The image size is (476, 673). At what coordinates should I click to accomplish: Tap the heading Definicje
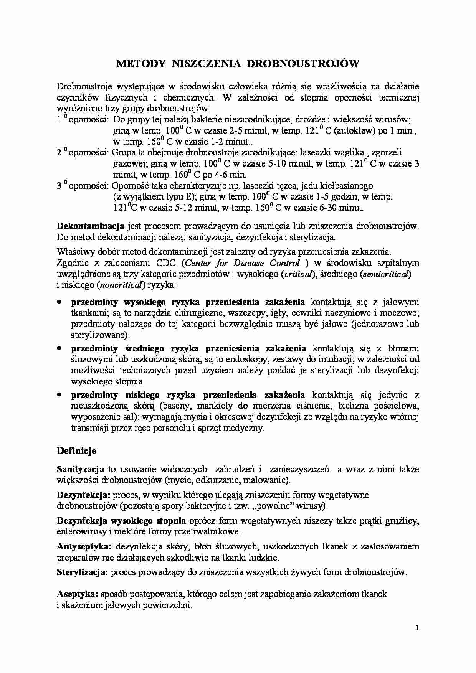76,450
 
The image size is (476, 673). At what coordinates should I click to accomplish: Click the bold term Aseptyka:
78,594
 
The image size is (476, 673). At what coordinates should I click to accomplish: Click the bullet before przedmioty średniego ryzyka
59,348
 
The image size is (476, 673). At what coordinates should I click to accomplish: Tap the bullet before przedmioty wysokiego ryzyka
59,302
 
